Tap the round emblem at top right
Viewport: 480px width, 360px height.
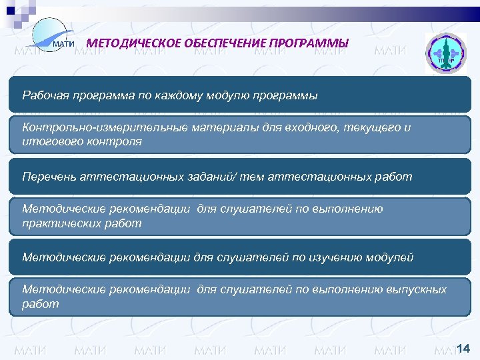[x=442, y=54]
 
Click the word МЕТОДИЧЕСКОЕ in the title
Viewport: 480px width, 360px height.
[x=133, y=44]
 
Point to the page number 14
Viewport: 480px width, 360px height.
[x=464, y=347]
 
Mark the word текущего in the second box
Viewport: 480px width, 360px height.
[x=369, y=128]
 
